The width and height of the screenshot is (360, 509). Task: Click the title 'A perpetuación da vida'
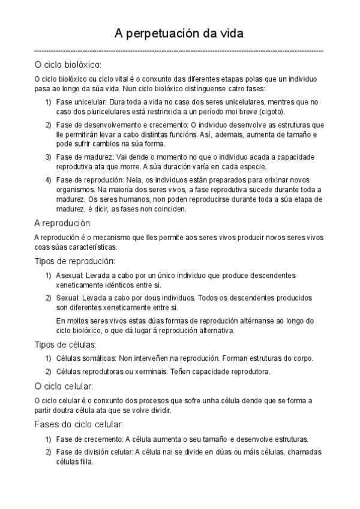(180, 33)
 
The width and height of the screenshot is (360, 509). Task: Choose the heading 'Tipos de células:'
(66, 345)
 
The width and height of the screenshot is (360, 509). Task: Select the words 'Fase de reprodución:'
(86, 180)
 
